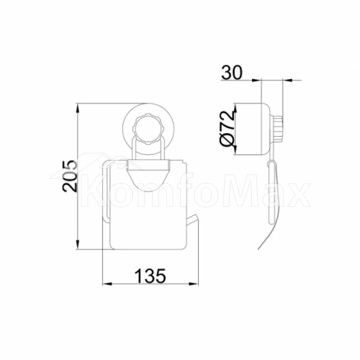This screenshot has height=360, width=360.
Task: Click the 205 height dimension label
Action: [69, 176]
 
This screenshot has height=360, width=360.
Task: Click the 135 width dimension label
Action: [150, 276]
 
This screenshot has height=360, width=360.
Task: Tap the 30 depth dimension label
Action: [231, 72]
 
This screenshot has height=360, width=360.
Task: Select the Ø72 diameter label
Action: [227, 129]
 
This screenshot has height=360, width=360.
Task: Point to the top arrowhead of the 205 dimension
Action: [78, 108]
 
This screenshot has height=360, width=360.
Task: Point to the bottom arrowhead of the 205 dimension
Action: [78, 245]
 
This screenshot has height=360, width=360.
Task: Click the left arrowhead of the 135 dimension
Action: [107, 284]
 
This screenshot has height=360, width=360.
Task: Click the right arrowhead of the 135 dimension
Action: [194, 284]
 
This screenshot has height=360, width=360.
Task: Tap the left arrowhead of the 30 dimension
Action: [257, 80]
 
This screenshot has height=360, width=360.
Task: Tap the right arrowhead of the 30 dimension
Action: [287, 80]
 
